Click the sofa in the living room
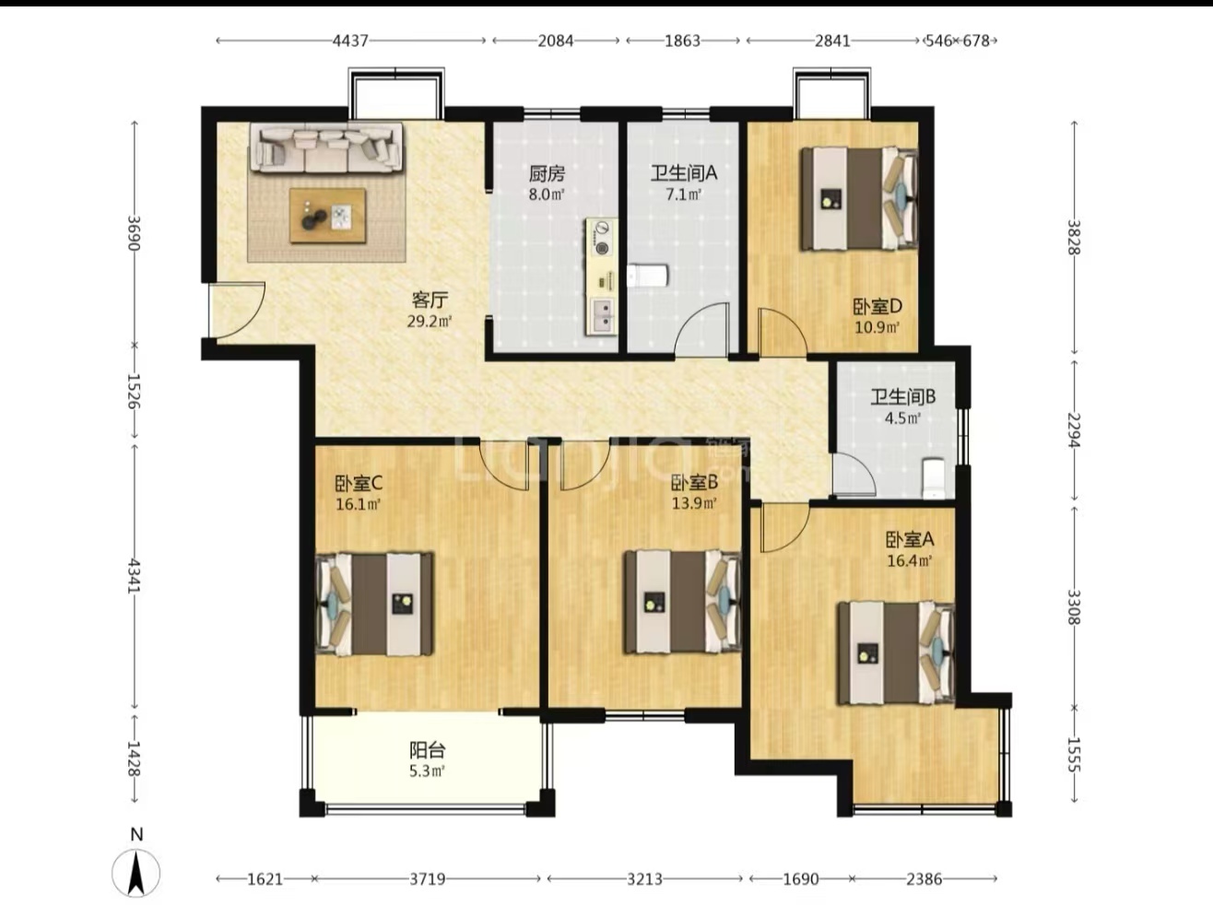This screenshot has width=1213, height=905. [326, 148]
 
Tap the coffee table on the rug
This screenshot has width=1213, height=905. [328, 216]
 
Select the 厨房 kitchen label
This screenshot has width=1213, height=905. [547, 174]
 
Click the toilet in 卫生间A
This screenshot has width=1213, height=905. [648, 276]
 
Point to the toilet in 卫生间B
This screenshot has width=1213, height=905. [935, 477]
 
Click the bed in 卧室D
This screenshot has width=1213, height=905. [859, 198]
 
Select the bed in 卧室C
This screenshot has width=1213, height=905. [374, 604]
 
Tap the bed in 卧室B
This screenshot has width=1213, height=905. [683, 602]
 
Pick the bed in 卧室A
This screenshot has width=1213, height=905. [896, 653]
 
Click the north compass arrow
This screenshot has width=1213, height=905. [135, 873]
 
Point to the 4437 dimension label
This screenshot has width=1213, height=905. [350, 41]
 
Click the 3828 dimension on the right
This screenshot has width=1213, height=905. [1073, 237]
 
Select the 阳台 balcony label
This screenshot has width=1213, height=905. [427, 750]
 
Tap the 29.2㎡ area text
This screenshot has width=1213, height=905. [430, 321]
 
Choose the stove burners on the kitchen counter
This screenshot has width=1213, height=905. [601, 239]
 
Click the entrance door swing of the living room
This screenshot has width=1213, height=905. [237, 310]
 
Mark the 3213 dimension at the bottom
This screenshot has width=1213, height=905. [644, 878]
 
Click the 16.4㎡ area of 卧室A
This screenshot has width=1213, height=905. [910, 561]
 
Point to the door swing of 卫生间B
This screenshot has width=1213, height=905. [854, 474]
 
